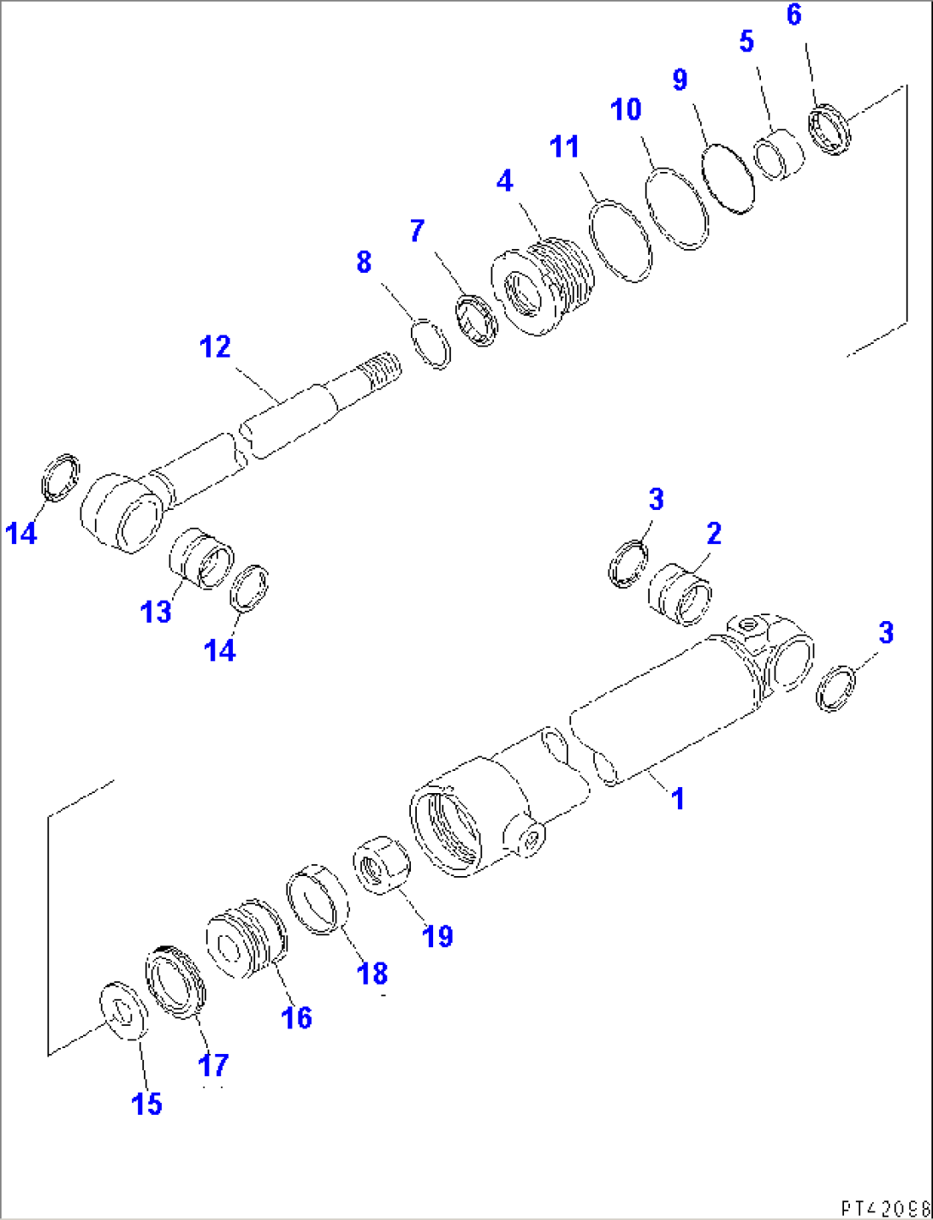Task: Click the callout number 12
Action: (x=215, y=347)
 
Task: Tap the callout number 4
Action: (x=504, y=181)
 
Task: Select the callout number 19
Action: (x=437, y=935)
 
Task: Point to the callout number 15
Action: (x=146, y=1104)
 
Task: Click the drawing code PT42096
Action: (x=882, y=1206)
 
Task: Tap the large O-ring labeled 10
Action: (x=677, y=209)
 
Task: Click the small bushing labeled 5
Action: (x=780, y=154)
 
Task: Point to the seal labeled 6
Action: (x=830, y=128)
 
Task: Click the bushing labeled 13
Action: (x=200, y=559)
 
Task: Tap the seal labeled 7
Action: (x=477, y=320)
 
